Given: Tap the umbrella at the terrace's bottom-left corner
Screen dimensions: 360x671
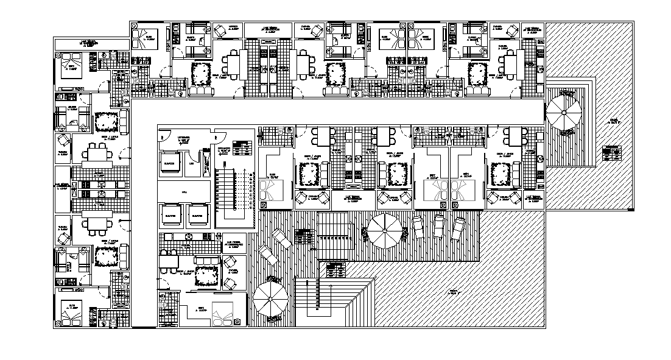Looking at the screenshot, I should point(269,300).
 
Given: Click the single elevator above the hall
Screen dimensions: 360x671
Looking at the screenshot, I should point(169,163).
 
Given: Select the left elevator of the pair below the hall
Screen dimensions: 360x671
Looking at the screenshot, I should point(169,215).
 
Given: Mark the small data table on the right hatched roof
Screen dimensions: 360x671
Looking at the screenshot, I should point(611,153).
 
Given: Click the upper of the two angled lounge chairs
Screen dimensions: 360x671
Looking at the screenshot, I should point(281,238).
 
